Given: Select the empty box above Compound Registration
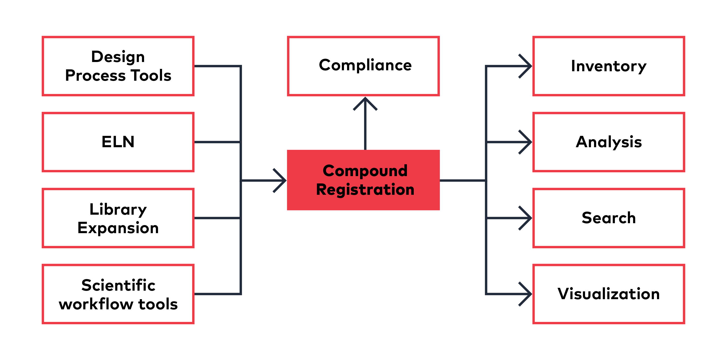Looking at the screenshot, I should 363,66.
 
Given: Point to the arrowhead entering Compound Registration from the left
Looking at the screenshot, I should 281,180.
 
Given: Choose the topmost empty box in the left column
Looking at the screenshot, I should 118,66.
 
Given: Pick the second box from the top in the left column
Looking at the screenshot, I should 118,142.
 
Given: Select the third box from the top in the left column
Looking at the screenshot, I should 118,218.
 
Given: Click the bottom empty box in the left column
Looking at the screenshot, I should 118,294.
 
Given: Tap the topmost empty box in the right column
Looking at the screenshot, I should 608,66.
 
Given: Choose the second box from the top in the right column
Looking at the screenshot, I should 608,142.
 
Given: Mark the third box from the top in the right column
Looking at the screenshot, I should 608,218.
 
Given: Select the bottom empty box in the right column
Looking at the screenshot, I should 608,294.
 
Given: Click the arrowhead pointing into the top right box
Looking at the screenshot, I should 526,66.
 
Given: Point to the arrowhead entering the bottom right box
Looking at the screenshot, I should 526,294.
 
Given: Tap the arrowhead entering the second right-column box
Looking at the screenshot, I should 526,142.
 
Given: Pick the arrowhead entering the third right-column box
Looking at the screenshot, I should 526,218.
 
